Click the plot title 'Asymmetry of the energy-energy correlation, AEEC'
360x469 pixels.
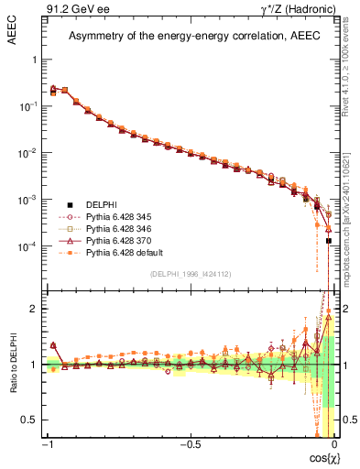pyautogui.click(x=190, y=37)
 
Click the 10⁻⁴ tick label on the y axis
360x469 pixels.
pyautogui.click(x=29, y=246)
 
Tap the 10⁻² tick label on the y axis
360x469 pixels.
pyautogui.click(x=29, y=153)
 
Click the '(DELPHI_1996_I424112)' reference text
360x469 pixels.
pyautogui.click(x=190, y=274)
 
